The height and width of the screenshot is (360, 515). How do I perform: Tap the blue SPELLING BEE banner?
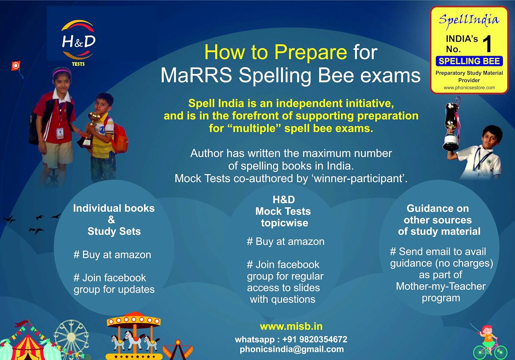coord(469,61)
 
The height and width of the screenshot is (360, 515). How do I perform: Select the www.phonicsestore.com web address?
coord(469,88)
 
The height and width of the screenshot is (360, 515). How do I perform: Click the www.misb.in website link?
coord(291,326)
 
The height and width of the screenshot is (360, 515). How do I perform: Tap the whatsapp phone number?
coord(315,339)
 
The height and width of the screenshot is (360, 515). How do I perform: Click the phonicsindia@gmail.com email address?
coord(292,349)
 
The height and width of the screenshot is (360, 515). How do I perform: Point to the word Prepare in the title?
coord(311,52)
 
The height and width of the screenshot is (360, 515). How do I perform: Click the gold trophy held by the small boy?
coord(91,129)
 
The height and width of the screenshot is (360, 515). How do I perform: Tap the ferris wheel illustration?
coord(71,337)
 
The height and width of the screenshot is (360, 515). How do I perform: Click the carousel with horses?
coord(134,335)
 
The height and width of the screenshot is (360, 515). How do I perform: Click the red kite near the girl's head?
coord(16,66)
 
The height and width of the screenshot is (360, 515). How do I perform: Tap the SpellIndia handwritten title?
coord(469,20)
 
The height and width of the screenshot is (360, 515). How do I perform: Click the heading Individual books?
coord(114,208)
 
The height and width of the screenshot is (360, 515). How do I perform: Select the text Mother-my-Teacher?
coord(441,286)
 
